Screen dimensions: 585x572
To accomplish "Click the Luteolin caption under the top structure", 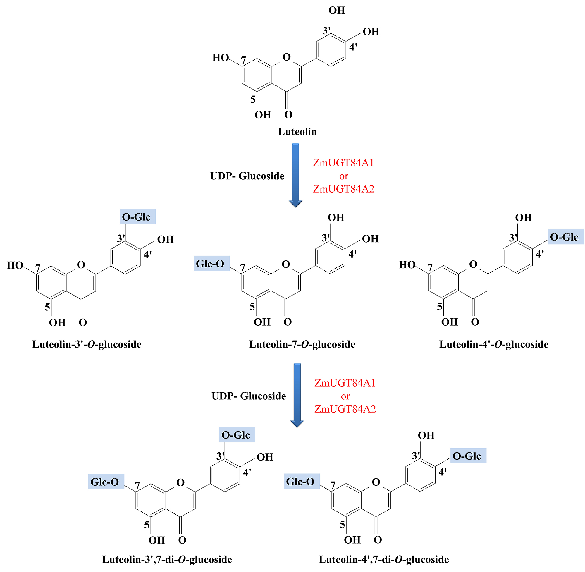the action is [297, 132].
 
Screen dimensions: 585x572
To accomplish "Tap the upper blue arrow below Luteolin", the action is [295, 175].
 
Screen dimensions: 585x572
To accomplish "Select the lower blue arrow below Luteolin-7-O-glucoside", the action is [297, 395].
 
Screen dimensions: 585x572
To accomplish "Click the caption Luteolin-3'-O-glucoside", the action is [87, 344].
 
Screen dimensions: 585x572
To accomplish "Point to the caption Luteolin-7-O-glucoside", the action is [302, 344].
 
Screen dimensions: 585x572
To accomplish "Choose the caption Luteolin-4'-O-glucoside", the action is [494, 344].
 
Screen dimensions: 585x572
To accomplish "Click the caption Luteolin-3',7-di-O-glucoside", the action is [167, 559].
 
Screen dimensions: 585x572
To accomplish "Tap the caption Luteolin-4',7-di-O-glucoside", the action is [384, 559].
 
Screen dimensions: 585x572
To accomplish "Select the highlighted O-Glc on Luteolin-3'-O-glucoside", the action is [137, 217].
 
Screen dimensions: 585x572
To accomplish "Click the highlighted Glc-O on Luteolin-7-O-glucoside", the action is [211, 263].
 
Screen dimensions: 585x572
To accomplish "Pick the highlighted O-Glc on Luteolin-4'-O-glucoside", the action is [565, 237].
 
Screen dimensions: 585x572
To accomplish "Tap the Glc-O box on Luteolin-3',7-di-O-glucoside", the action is [106, 482].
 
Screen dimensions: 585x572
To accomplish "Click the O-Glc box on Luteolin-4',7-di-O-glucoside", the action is [468, 456].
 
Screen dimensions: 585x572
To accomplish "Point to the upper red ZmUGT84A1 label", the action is [343, 163].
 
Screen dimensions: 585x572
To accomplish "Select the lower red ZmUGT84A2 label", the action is [345, 409].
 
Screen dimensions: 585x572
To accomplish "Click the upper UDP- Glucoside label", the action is [247, 176].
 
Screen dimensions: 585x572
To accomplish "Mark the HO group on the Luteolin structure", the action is [221, 57].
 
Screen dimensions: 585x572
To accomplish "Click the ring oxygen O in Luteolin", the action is [287, 57].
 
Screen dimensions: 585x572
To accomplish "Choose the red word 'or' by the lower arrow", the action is [345, 396].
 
